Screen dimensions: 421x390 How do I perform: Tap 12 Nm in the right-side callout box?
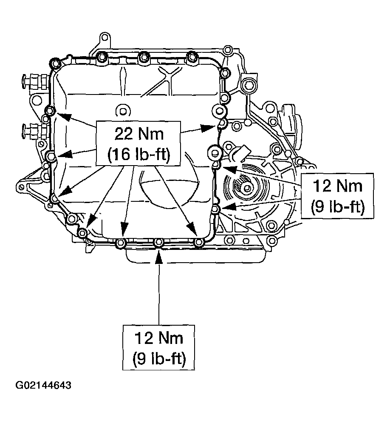click(x=338, y=186)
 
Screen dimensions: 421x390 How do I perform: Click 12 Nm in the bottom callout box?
click(x=159, y=338)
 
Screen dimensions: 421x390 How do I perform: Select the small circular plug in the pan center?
click(x=122, y=112)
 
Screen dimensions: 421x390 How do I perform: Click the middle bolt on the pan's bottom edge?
click(x=158, y=243)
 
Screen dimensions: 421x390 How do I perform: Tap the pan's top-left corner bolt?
click(x=55, y=64)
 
